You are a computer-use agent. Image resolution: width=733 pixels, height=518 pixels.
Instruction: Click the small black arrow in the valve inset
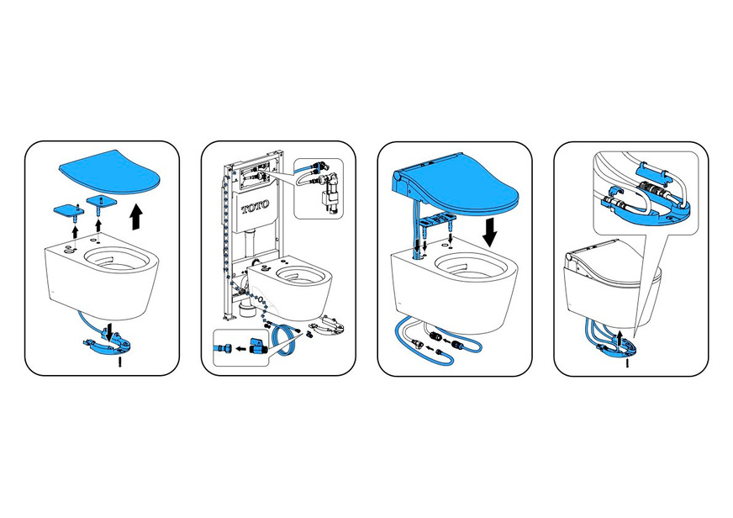click(240, 348)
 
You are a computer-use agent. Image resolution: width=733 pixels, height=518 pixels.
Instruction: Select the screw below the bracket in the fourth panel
click(627, 362)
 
